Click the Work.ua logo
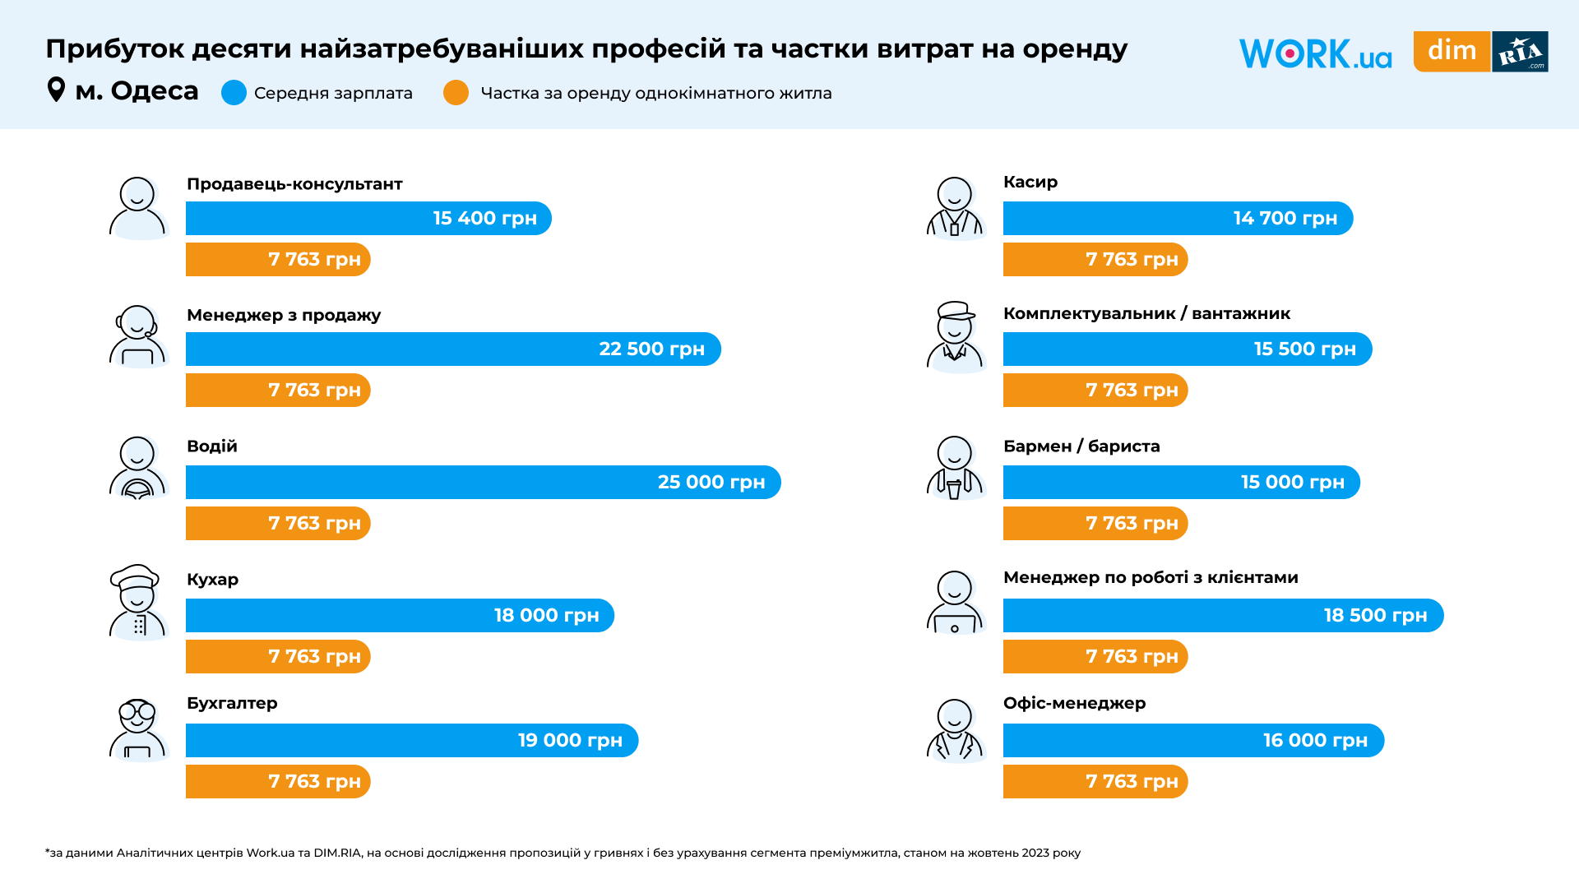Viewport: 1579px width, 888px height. [1314, 53]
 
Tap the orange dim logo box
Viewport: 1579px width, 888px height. [1452, 51]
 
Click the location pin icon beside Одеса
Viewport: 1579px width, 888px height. [56, 90]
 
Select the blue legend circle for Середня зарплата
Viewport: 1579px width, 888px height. [234, 93]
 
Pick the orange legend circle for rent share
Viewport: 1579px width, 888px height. [456, 93]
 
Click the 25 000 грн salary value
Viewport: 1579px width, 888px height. [711, 482]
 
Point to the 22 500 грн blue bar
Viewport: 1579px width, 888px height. [452, 349]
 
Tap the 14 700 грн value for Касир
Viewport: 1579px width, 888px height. [1285, 219]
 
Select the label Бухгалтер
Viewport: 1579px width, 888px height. [232, 703]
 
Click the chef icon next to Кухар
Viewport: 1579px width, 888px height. [137, 602]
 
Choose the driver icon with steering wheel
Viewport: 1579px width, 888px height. [137, 468]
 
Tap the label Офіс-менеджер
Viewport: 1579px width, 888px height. [1074, 703]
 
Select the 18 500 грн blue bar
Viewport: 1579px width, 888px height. [1222, 616]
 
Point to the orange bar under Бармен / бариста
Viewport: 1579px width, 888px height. [1095, 524]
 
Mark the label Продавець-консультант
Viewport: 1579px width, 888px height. [294, 184]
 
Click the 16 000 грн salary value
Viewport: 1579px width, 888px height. [1315, 741]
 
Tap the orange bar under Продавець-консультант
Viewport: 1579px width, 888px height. [277, 260]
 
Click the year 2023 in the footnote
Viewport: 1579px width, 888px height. [1035, 853]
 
